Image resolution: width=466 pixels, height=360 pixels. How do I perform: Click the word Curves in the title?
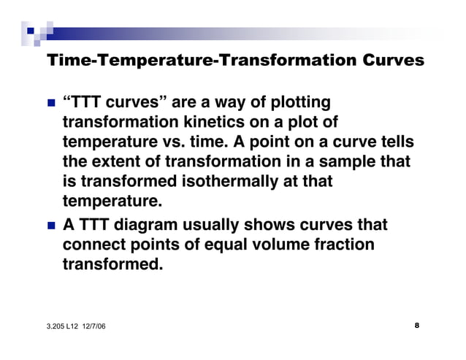[391, 61]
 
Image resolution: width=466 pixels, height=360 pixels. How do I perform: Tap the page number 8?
[416, 325]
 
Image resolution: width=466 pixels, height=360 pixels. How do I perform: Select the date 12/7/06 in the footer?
[92, 326]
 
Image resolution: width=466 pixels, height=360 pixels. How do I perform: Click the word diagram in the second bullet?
[135, 225]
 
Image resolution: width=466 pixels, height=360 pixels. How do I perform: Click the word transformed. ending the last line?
[112, 264]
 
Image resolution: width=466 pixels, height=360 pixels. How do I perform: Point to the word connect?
[93, 244]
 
